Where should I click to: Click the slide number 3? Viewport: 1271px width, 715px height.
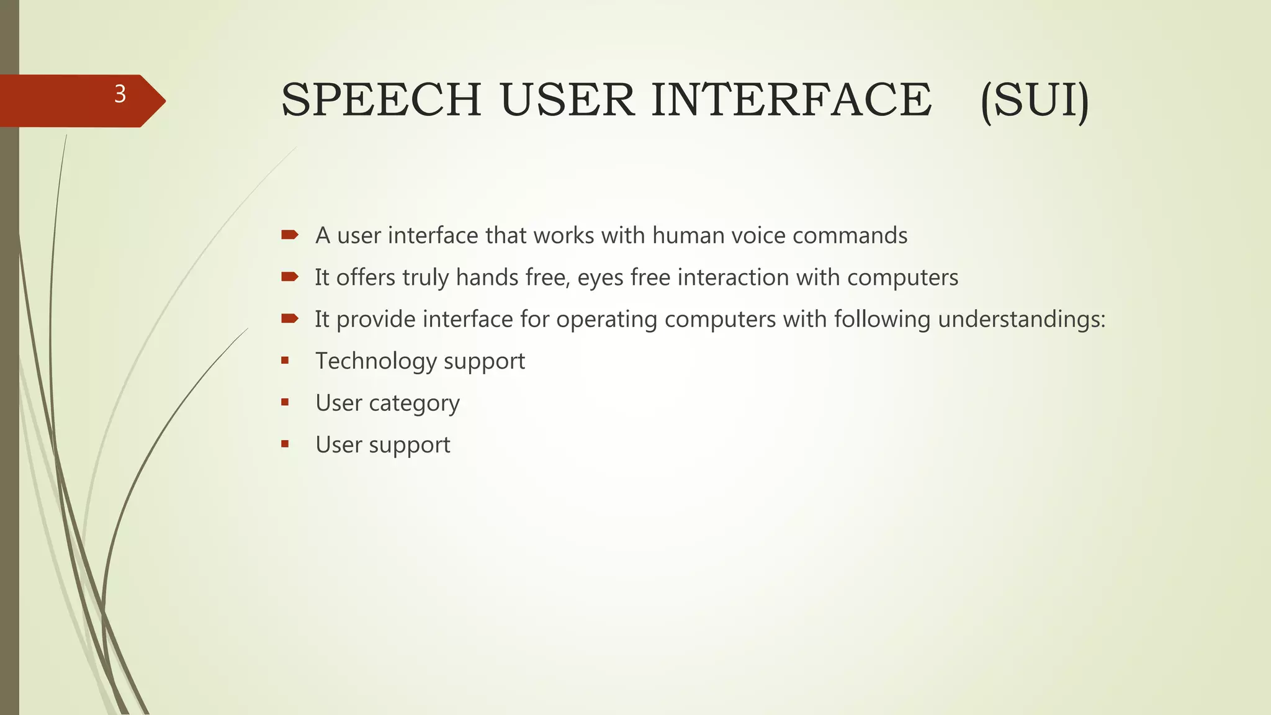click(x=120, y=94)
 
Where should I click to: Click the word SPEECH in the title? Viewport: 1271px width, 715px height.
click(x=381, y=100)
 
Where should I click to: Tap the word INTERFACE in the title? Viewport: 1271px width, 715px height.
click(x=791, y=100)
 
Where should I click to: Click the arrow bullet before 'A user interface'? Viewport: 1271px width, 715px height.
click(x=289, y=235)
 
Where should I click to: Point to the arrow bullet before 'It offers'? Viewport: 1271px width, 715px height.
click(x=289, y=277)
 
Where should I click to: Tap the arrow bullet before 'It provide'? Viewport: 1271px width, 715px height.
click(x=289, y=318)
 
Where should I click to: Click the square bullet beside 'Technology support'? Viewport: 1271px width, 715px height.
click(x=285, y=360)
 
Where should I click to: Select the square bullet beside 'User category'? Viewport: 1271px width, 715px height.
click(x=285, y=402)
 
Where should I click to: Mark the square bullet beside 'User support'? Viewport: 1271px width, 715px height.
click(x=285, y=444)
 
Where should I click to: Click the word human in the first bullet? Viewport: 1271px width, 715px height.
click(x=688, y=236)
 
